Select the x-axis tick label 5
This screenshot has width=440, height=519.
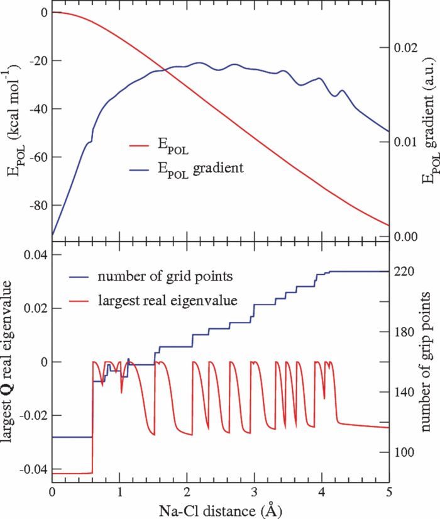(388, 491)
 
